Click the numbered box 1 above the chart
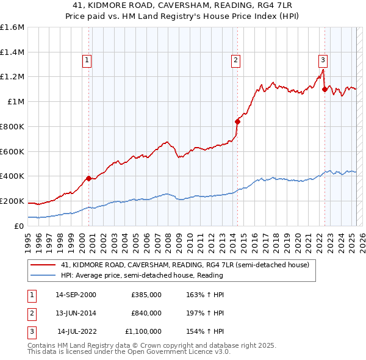[x=87, y=60]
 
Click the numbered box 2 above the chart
[x=235, y=60]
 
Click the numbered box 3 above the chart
[x=323, y=60]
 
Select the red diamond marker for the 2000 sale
[x=88, y=178]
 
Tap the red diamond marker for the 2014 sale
[x=237, y=121]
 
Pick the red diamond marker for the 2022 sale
[x=325, y=89]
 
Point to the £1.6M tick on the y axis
[x=12, y=27]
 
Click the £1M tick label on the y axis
[x=16, y=102]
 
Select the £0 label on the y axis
[x=20, y=226]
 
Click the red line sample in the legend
[x=43, y=265]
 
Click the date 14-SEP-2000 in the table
[x=76, y=295]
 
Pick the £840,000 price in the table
[x=146, y=313]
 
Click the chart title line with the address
[x=183, y=6]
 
